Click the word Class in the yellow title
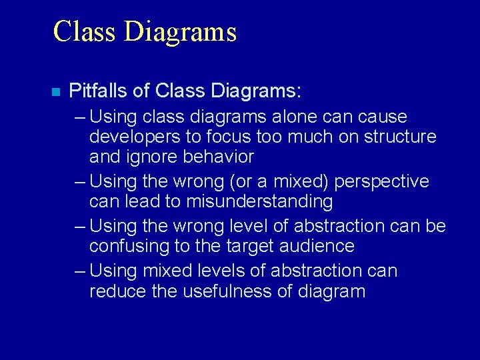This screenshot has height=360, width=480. (x=82, y=31)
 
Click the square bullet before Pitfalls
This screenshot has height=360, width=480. (x=55, y=91)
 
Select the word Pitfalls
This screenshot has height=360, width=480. (x=95, y=90)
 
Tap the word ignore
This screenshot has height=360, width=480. (x=155, y=157)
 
